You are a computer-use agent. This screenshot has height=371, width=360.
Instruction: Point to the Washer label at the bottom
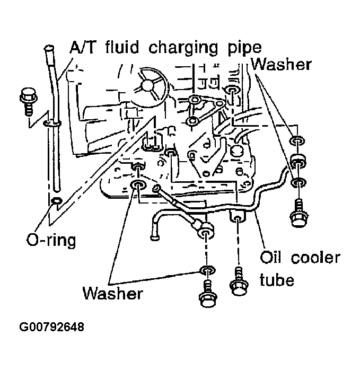coord(112,293)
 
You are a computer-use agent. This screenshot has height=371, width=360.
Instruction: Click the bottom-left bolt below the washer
coord(206,297)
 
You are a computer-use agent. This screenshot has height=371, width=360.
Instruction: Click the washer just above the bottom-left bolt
coord(206,271)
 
